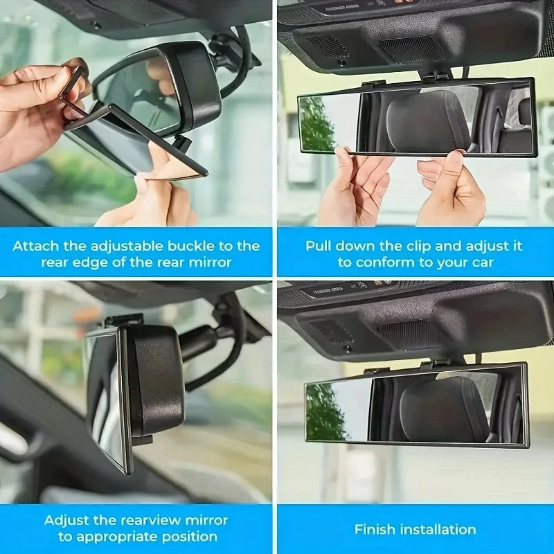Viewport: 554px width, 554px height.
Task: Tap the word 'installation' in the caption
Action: [x=440, y=529]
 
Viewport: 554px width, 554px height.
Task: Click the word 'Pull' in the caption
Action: [x=319, y=246]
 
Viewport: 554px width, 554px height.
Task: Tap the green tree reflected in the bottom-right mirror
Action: [x=323, y=412]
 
